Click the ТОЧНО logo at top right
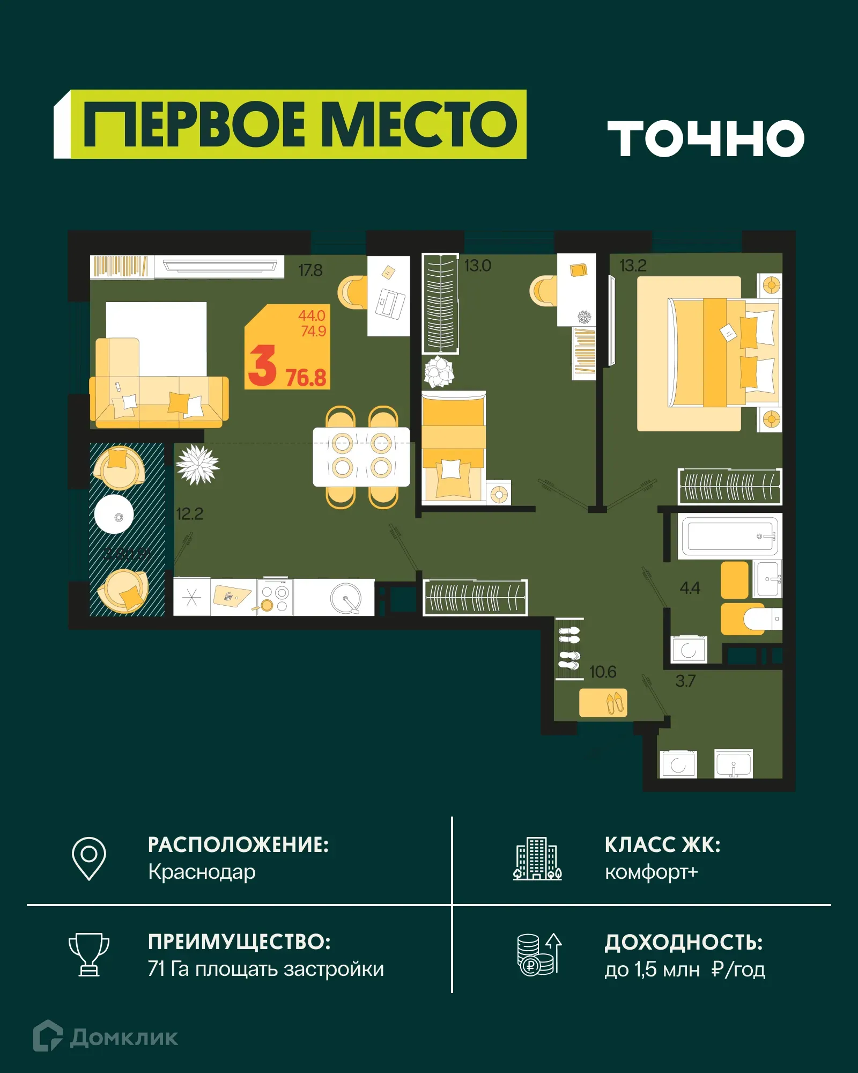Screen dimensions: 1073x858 pos(705,138)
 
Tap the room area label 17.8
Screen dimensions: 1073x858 pos(310,270)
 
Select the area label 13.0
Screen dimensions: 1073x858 pos(477,266)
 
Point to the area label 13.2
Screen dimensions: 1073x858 pos(633,266)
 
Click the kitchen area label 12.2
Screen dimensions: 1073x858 pos(189,514)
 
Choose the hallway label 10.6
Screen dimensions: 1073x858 pos(603,672)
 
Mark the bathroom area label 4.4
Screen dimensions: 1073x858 pos(690,588)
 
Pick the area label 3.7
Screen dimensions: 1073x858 pos(685,681)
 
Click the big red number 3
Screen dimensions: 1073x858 pos(262,366)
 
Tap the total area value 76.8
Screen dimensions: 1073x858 pos(306,378)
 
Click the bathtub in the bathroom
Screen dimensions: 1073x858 pos(730,536)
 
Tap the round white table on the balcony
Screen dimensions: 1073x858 pos(114,514)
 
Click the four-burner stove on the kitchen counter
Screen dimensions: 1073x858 pos(275,597)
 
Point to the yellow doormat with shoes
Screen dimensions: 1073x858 pos(603,702)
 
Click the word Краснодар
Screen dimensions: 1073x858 pos(202,872)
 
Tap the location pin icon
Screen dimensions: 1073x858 pos(89,858)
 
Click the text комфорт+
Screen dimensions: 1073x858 pos(651,872)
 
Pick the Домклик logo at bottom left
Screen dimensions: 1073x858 pos(106,1037)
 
